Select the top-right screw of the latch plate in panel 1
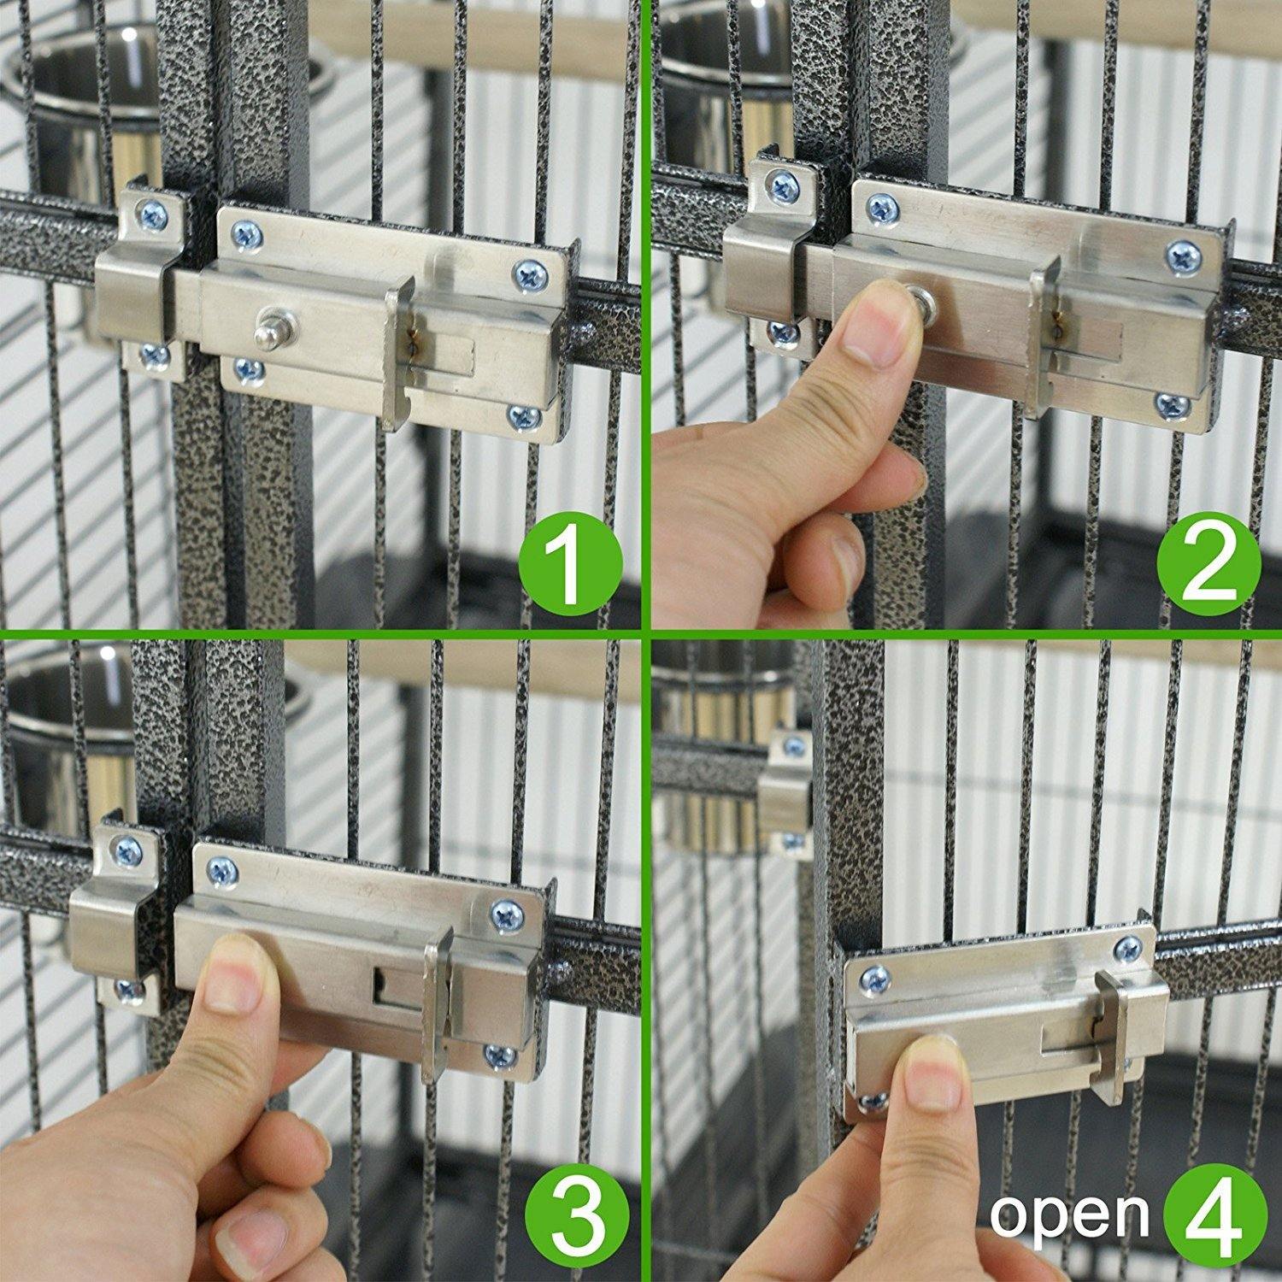pyautogui.click(x=527, y=274)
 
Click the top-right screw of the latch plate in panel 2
pyautogui.click(x=1184, y=254)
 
